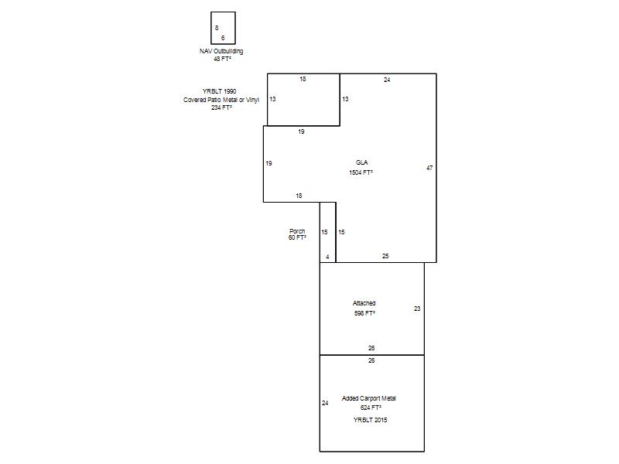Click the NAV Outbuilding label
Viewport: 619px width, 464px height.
pos(221,51)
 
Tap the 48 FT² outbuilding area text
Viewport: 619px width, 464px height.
pos(222,59)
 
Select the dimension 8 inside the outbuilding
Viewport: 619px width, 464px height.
pos(217,28)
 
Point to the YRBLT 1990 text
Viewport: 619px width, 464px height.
pos(220,91)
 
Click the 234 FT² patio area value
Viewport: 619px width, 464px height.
pos(221,107)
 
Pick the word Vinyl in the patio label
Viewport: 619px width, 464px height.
pos(253,100)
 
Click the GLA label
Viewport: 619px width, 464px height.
pos(362,162)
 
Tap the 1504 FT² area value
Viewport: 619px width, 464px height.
pos(361,172)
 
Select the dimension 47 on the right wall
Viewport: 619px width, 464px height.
pos(429,168)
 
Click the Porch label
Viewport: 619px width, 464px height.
pos(297,231)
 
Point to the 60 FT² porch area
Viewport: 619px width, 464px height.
pos(297,237)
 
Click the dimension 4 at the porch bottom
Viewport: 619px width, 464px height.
pos(327,257)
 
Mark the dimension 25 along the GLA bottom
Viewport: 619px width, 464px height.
pos(385,256)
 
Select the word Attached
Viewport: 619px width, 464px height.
pos(364,303)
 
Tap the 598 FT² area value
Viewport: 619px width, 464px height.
pos(364,313)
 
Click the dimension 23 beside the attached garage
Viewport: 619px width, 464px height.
pos(417,309)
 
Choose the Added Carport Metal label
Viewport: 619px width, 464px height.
pos(369,398)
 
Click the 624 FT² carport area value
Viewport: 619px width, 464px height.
pos(371,408)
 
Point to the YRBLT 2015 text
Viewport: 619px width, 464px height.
pos(371,420)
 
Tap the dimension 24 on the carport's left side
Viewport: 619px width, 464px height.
pos(325,403)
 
